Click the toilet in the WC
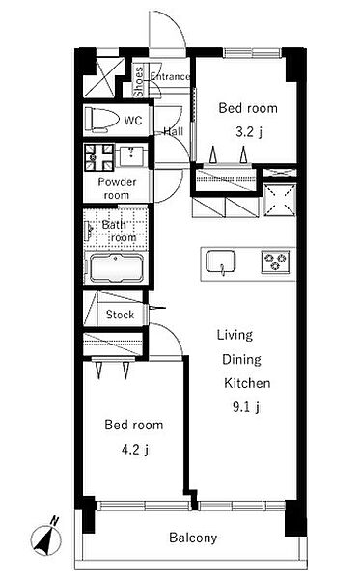(x=102, y=120)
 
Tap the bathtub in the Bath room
(x=116, y=267)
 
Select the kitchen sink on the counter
(x=221, y=262)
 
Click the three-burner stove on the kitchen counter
(x=275, y=262)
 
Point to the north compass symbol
(x=45, y=537)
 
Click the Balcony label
(x=193, y=538)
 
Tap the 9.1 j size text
(x=246, y=407)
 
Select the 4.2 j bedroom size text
(x=135, y=450)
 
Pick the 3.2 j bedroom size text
(x=248, y=132)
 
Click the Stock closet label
(x=120, y=315)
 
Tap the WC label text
(x=133, y=120)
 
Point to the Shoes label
(x=138, y=82)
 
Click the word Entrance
(x=170, y=76)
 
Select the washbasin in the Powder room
(x=130, y=155)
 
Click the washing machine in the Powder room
(x=99, y=157)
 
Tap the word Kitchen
(x=247, y=383)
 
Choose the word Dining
(x=241, y=360)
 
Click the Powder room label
(x=117, y=188)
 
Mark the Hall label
(x=173, y=131)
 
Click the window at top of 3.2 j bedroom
(x=253, y=52)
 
